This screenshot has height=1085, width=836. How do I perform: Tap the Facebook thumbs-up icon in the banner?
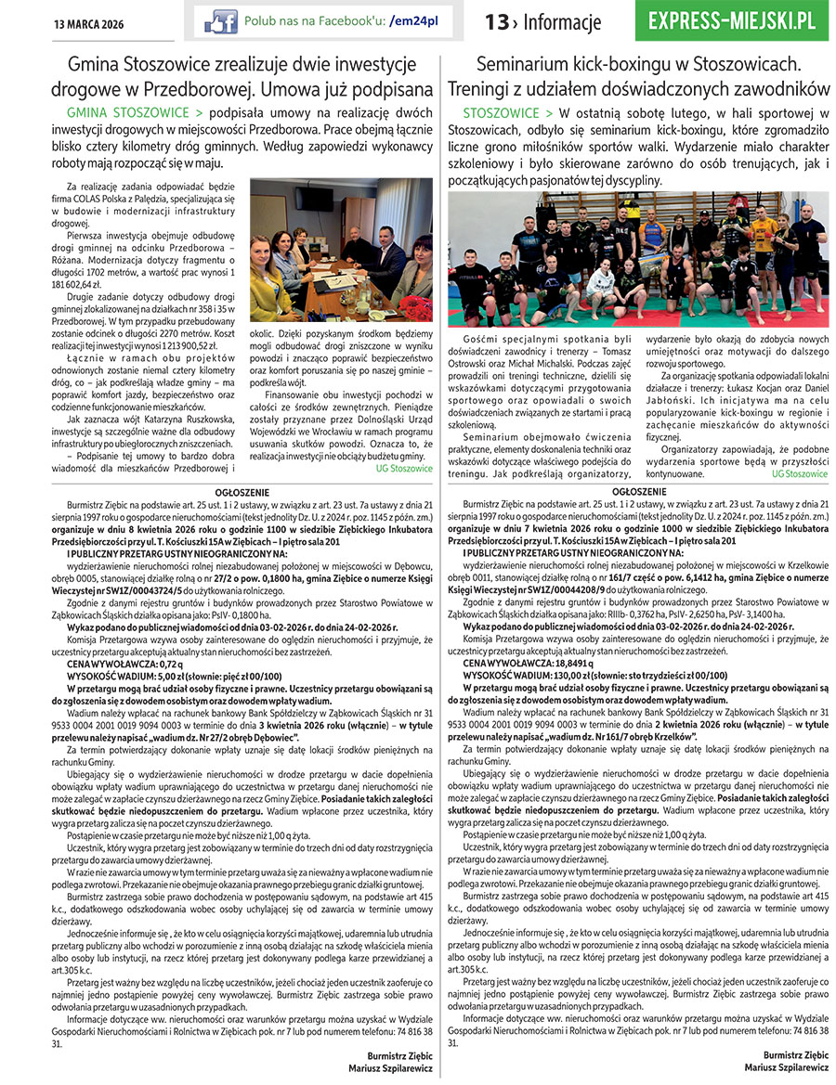pyautogui.click(x=221, y=20)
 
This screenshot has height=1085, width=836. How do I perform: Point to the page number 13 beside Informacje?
pyautogui.click(x=497, y=22)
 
